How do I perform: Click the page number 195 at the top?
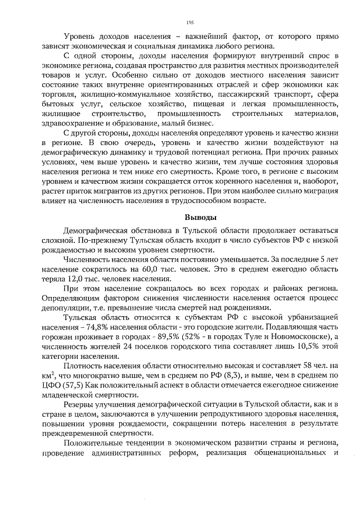(x=190, y=22)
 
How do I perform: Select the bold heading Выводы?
(x=201, y=218)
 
